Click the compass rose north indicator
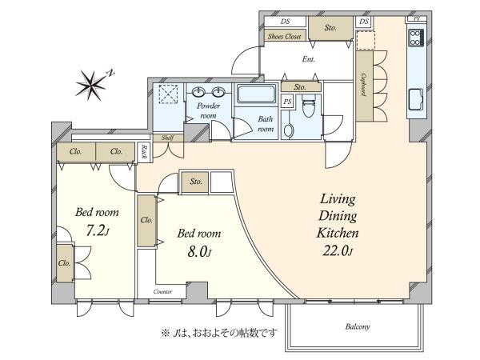(x=91, y=86)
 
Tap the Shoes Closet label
(x=284, y=37)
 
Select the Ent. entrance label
(x=308, y=59)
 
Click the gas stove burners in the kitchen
(x=416, y=38)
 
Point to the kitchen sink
(x=416, y=99)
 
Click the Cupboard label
(x=364, y=85)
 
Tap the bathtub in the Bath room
(x=257, y=94)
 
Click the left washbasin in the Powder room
(x=199, y=91)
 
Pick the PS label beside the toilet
(x=287, y=102)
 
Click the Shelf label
(x=167, y=138)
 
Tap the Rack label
(x=143, y=152)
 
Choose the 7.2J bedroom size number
(x=98, y=230)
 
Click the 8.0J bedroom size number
(x=199, y=252)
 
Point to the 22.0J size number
(x=338, y=251)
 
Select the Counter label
(x=162, y=292)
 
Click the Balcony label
(x=358, y=326)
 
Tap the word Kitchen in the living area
(x=338, y=233)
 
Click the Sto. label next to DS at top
(x=330, y=28)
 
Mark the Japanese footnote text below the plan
(x=219, y=333)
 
